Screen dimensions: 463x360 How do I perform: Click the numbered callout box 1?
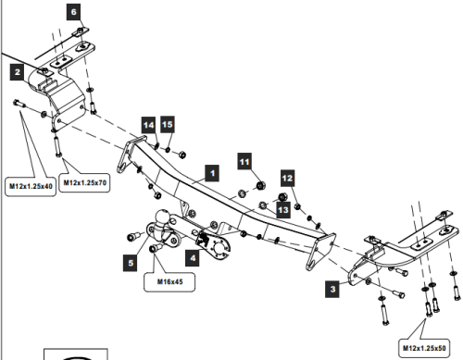[x=212, y=173]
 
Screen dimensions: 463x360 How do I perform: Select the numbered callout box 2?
[x=18, y=72]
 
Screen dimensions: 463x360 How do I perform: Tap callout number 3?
[x=332, y=290]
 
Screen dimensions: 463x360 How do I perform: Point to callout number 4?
[x=193, y=258]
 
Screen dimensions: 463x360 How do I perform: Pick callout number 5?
[x=131, y=263]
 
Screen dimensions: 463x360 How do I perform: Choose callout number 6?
[x=74, y=12]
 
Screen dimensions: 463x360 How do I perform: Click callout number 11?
[x=244, y=161]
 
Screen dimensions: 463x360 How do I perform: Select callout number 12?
[x=287, y=179]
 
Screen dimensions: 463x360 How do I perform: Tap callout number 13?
[x=283, y=210]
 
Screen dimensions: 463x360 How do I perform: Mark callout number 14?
[x=149, y=125]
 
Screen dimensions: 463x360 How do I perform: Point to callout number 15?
[x=168, y=124]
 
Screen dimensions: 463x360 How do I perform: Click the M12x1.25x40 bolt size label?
[x=31, y=186]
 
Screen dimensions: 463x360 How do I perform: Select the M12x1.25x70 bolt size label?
[x=84, y=182]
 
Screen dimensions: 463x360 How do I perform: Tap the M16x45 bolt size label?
[x=169, y=281]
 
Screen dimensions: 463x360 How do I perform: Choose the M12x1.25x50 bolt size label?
[x=424, y=348]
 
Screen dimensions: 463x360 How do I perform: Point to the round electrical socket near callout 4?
[x=220, y=249]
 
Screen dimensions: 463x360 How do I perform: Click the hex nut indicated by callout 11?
[x=261, y=185]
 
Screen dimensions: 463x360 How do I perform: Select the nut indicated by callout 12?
[x=297, y=206]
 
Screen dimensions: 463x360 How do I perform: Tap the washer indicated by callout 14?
[x=157, y=145]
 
